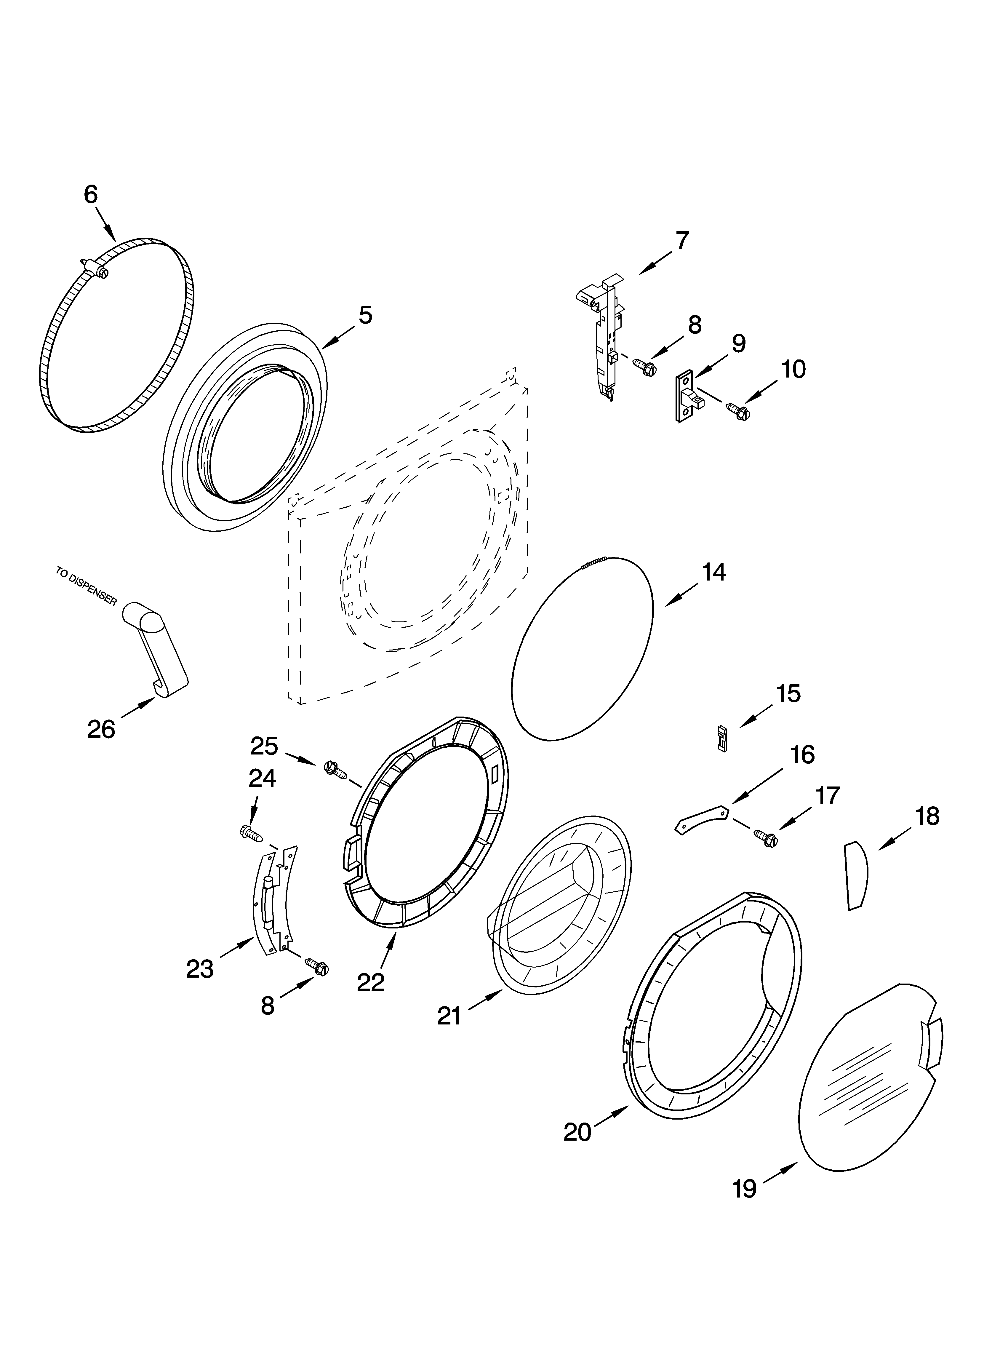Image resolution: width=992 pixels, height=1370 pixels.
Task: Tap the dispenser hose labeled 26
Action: (x=158, y=649)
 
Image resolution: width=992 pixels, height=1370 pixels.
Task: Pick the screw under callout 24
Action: (x=252, y=834)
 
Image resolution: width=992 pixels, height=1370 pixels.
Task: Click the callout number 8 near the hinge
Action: (x=268, y=1005)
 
